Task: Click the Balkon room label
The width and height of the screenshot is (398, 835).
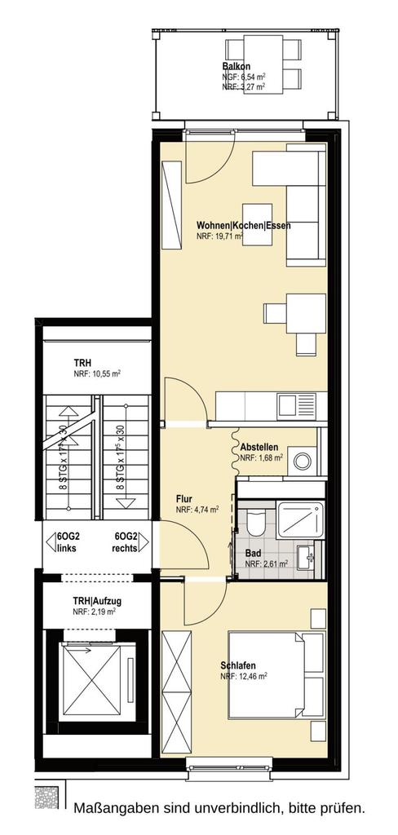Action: pos(236,67)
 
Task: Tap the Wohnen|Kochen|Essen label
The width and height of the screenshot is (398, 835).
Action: pos(244,226)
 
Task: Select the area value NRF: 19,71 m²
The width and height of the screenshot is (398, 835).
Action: pos(220,237)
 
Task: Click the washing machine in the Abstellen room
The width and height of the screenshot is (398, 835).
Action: pos(303,460)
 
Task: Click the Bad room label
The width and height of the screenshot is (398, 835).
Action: pos(254,552)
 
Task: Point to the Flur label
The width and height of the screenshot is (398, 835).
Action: pos(185,499)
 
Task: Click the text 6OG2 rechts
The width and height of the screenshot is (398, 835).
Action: pos(129,542)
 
